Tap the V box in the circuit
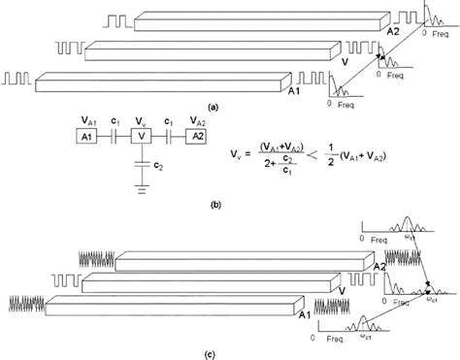pyautogui.click(x=144, y=138)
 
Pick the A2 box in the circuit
pyautogui.click(x=199, y=138)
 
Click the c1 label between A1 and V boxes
pyautogui.click(x=115, y=122)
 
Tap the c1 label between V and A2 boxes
pyautogui.click(x=171, y=122)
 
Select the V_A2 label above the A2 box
pyautogui.click(x=200, y=121)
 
